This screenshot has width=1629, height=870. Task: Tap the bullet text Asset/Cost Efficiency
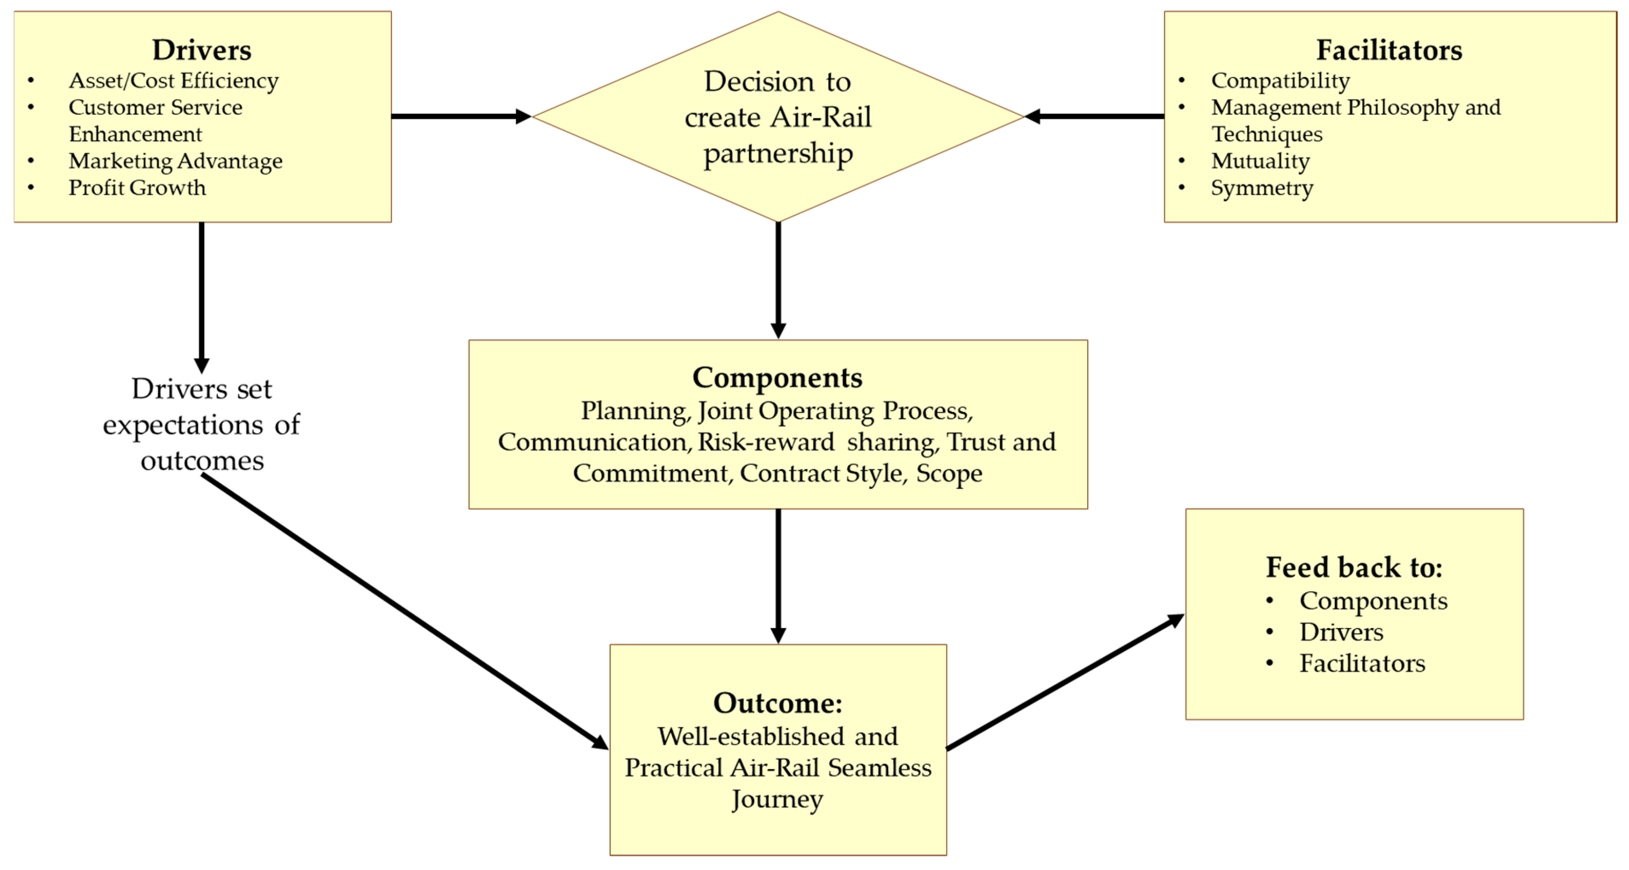173,81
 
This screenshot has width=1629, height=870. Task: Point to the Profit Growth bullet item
137,188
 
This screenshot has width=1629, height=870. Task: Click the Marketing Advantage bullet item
175,161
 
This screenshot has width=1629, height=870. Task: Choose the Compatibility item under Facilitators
1280,81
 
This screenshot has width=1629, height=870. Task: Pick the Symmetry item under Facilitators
1261,188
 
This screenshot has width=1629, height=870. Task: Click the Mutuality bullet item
1260,161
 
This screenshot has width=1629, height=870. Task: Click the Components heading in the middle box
777,378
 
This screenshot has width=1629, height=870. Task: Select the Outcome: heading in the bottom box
777,703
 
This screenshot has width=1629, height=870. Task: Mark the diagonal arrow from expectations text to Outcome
405,612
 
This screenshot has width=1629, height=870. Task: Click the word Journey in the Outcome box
777,799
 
